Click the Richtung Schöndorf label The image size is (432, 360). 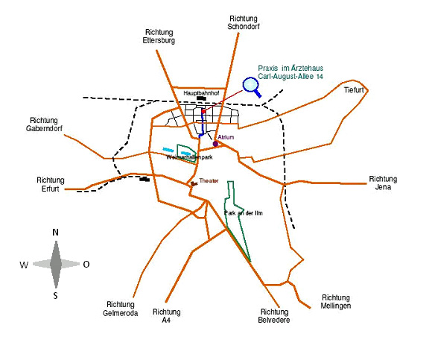(244, 22)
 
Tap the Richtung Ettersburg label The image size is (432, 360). (159, 37)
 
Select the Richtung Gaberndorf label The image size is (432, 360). (44, 124)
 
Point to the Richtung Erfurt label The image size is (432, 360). (51, 184)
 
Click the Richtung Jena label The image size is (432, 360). (383, 183)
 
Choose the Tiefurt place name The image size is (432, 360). (354, 90)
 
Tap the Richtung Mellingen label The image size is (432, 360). (336, 302)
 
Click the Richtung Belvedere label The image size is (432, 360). (274, 316)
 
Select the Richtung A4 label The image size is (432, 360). (167, 316)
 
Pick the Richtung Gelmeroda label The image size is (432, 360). (121, 309)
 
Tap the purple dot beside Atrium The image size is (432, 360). (215, 144)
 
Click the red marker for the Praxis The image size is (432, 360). (203, 111)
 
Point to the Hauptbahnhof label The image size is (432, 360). (201, 93)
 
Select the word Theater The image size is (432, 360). (209, 181)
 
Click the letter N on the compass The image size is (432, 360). (55, 233)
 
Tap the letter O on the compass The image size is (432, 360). (86, 265)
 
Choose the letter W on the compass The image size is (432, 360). (24, 265)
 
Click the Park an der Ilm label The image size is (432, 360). (244, 213)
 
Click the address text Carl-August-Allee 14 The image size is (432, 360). (290, 76)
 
